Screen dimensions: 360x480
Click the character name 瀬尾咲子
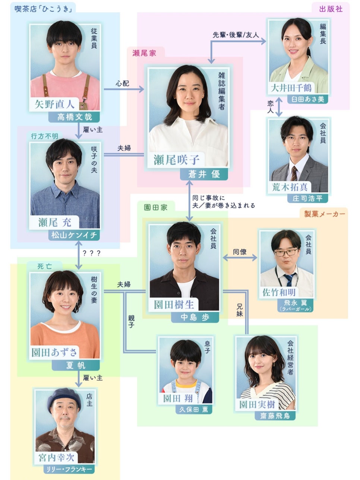[x=176, y=160]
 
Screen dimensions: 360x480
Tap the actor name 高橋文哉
[x=75, y=117]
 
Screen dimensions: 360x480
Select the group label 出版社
[x=331, y=9]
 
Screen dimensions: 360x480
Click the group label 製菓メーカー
[x=325, y=214]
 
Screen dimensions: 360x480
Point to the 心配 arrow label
[x=122, y=83]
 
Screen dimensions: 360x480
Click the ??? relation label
[x=92, y=253]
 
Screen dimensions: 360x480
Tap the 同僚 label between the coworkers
[x=240, y=252]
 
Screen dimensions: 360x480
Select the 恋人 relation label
[x=271, y=107]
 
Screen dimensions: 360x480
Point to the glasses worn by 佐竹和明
[x=286, y=252]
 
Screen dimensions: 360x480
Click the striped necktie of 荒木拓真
[x=294, y=173]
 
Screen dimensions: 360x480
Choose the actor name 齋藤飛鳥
[x=275, y=416]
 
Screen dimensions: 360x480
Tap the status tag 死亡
[x=45, y=266]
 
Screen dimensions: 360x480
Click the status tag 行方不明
[x=45, y=136]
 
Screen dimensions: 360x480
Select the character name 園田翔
[x=178, y=398]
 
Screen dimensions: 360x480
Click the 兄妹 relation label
[x=240, y=310]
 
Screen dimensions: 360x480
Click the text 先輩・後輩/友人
[x=236, y=35]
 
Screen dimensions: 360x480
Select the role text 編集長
[x=323, y=34]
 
